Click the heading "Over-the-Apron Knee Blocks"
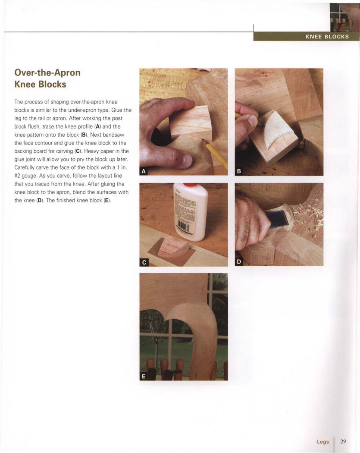click(x=47, y=78)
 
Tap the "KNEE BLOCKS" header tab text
click(x=327, y=37)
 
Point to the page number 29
click(x=343, y=441)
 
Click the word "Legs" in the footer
click(x=323, y=442)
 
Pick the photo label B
click(x=239, y=171)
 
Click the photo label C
click(x=144, y=262)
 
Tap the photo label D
click(x=239, y=262)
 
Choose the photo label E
click(x=144, y=377)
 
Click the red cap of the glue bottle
click(x=190, y=184)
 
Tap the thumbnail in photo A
click(x=187, y=160)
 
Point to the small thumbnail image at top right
click(x=344, y=18)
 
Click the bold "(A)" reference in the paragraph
click(x=97, y=126)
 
